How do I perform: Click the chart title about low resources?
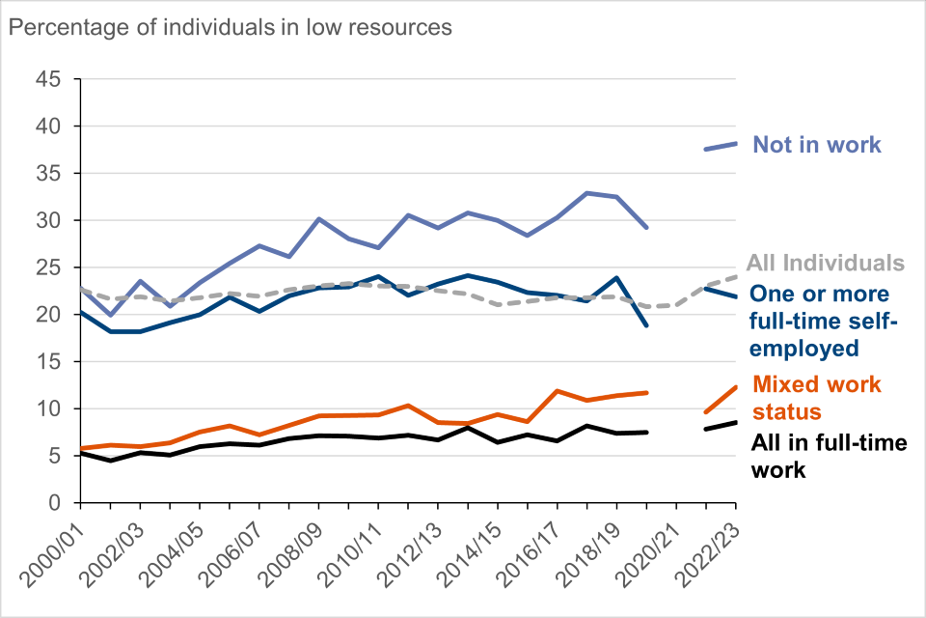[x=230, y=27]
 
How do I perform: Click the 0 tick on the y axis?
[x=56, y=503]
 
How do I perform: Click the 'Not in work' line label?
[x=816, y=145]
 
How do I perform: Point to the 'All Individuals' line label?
[x=825, y=263]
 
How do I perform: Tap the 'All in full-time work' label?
[x=828, y=457]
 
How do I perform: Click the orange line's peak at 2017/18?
[x=557, y=391]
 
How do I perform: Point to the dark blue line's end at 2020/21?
[x=646, y=325]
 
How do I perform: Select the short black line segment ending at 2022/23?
[x=722, y=426]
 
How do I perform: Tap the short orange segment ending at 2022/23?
[x=722, y=399]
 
